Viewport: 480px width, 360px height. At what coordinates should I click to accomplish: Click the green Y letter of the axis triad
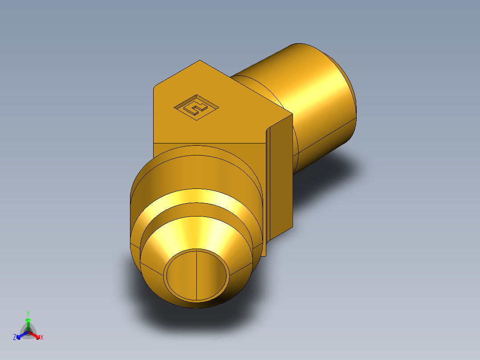(x=28, y=313)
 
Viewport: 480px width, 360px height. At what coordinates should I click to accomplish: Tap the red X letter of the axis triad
(x=42, y=337)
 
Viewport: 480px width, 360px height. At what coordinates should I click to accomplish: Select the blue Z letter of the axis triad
(x=15, y=337)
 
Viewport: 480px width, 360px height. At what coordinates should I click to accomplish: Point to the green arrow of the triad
(x=28, y=323)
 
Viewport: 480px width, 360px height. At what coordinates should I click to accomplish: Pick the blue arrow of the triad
(x=20, y=335)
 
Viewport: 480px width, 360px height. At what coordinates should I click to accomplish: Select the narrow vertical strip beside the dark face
(x=268, y=187)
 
